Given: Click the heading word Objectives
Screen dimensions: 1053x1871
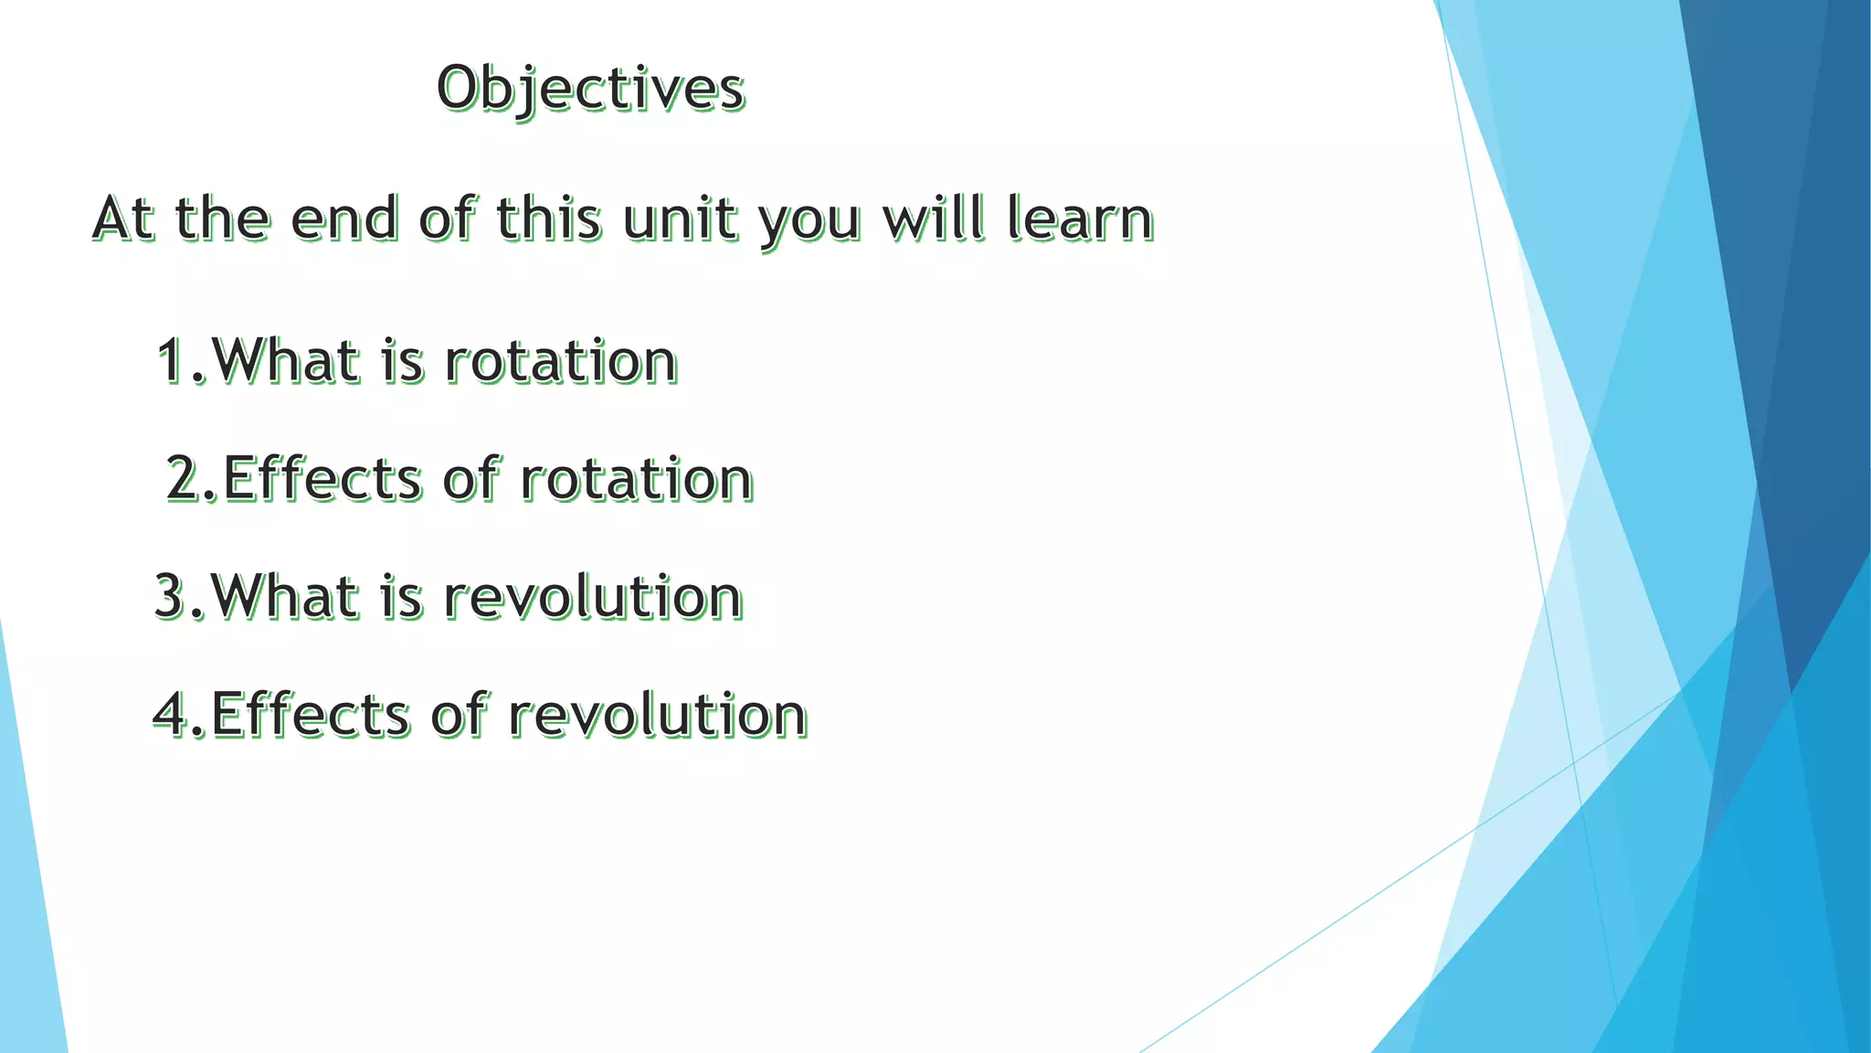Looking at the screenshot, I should (x=591, y=90).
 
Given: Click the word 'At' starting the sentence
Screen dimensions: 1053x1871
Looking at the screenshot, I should (x=122, y=219).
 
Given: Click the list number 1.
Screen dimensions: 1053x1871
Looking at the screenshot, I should (x=172, y=360).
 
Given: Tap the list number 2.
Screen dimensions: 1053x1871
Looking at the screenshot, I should (x=184, y=478).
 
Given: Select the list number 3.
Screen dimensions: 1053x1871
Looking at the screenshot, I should (x=171, y=596).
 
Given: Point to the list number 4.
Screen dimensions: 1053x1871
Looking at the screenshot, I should (x=171, y=714).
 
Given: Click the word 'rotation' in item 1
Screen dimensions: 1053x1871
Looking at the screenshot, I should (x=560, y=360).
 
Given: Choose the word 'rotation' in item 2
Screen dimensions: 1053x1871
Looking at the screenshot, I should (x=637, y=478).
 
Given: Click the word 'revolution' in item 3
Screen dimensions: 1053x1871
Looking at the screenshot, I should (x=593, y=596).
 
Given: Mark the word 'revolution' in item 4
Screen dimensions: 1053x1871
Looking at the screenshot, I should (x=658, y=714).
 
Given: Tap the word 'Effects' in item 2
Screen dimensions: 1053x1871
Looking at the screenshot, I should (x=322, y=478).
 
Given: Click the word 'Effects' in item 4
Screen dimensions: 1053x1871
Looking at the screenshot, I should (x=310, y=714).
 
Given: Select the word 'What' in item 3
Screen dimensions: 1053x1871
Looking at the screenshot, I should (x=284, y=596).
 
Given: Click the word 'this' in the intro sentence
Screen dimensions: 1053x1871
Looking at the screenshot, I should (x=548, y=219).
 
